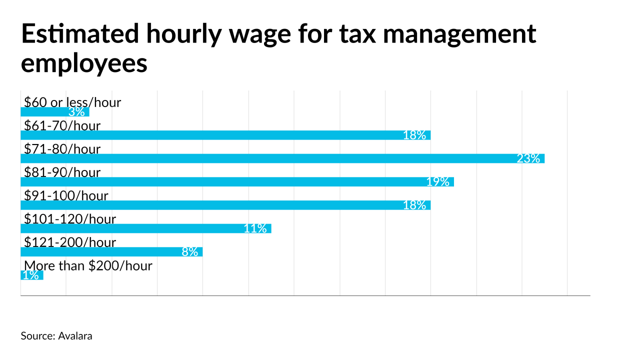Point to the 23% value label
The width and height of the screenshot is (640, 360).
tap(528, 158)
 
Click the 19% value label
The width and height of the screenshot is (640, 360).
tap(438, 181)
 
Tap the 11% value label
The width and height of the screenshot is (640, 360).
tap(255, 228)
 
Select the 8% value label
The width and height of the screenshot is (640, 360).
tap(190, 251)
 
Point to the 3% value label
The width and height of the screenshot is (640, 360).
tap(76, 112)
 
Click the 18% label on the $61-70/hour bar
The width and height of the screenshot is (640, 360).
tap(414, 135)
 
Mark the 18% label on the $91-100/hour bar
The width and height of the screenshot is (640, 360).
tap(414, 205)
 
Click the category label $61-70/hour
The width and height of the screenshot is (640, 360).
tap(62, 125)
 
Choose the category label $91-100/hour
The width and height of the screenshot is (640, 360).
tap(66, 195)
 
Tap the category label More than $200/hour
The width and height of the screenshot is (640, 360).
tap(88, 265)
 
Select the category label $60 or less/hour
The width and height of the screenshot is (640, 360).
tap(72, 102)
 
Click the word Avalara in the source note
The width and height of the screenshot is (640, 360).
tap(75, 336)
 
